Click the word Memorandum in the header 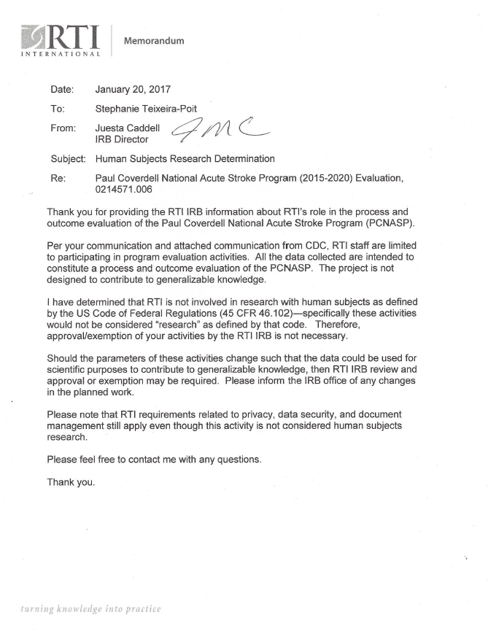pyautogui.click(x=155, y=40)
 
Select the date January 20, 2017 pyautogui.click(x=133, y=90)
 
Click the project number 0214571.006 pyautogui.click(x=128, y=189)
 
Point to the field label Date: pyautogui.click(x=64, y=90)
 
